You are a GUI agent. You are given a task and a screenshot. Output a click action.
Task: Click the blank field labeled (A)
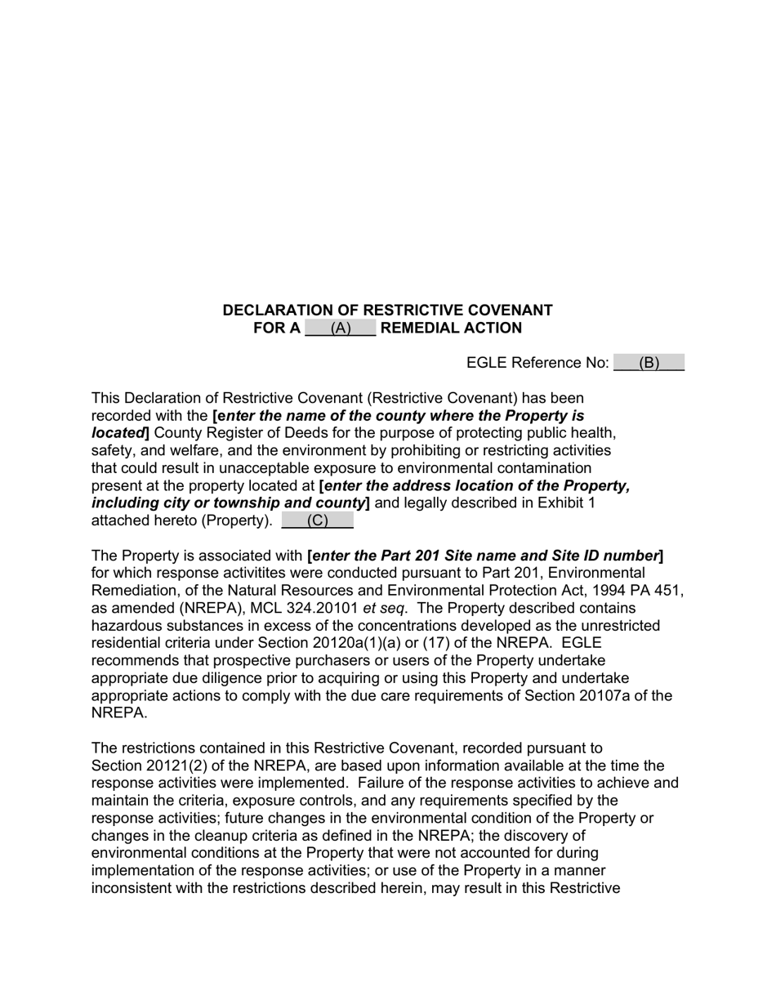(x=340, y=328)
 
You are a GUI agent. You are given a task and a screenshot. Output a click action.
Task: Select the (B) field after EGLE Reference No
(x=649, y=364)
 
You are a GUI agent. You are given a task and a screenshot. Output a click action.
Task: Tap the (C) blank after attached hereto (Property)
(x=317, y=520)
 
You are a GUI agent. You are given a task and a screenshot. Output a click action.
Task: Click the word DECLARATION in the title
(x=277, y=310)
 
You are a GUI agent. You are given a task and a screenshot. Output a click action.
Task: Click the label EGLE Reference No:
(x=537, y=364)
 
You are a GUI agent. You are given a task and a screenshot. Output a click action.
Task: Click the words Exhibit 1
(x=566, y=503)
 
